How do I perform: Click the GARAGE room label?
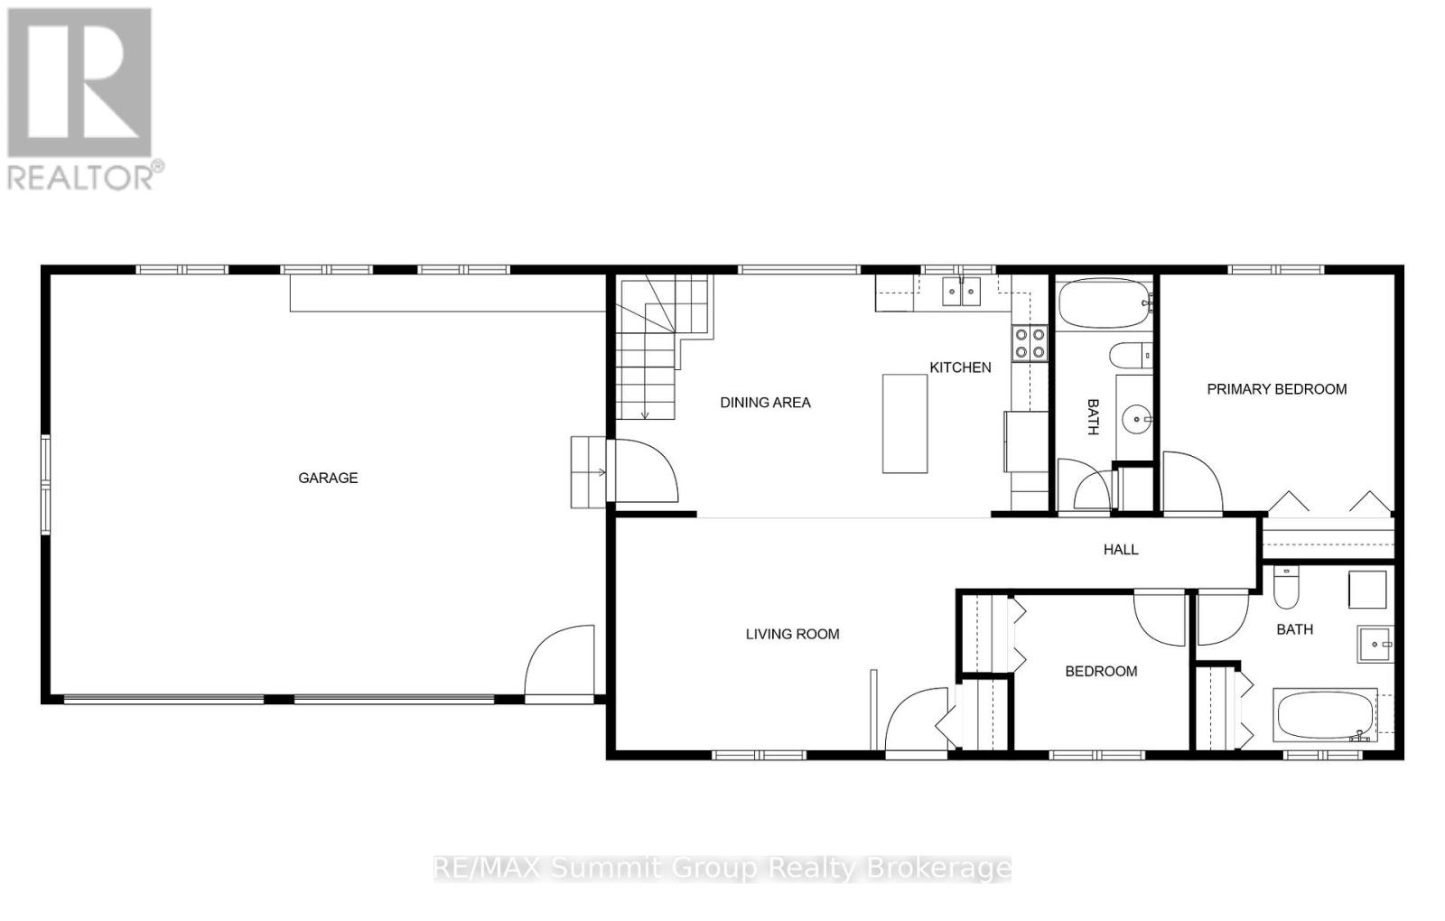pos(328,478)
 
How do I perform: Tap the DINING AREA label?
pos(765,403)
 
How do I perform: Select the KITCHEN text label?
pos(960,367)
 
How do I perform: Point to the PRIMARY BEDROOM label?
pos(1276,389)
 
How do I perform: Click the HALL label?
pos(1121,549)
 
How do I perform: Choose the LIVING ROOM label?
pos(792,634)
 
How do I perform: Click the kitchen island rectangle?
pos(905,423)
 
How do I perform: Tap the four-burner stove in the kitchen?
pos(1030,342)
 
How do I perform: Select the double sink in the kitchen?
pos(961,292)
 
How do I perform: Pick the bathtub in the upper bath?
pos(1104,304)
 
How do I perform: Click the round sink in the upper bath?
pos(1136,419)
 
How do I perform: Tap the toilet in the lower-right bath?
pos(1285,588)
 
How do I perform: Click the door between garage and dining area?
pos(643,470)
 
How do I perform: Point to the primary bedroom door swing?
pos(1190,483)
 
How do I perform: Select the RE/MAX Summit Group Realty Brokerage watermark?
pos(722,869)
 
